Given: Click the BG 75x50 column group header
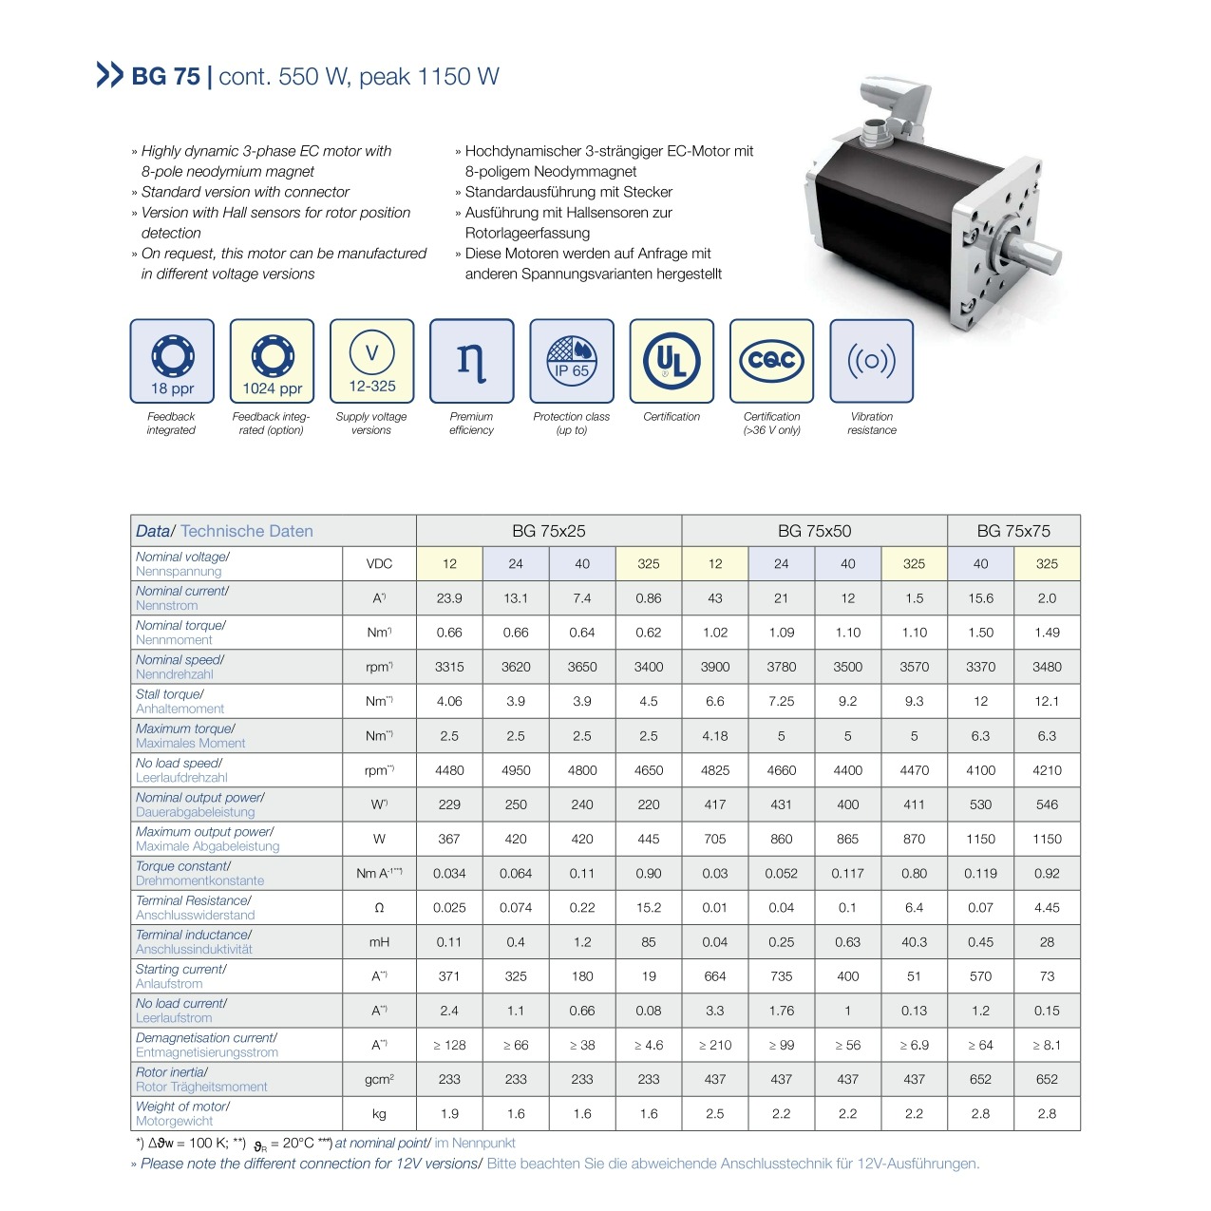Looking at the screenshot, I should point(814,531).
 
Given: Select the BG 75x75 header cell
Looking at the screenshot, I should point(1013,531).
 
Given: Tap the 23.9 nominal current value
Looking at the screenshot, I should point(449,598).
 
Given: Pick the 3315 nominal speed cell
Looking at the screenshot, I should point(449,667).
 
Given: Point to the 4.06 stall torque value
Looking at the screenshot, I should point(449,701).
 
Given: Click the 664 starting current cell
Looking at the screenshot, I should point(714,976).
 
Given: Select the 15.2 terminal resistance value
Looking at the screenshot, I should point(649,908).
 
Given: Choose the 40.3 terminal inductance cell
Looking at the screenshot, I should point(914,942).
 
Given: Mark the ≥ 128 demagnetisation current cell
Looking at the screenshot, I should point(449,1045).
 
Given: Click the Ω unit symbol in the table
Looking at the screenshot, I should point(379,908).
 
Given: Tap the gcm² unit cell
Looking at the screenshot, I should point(379,1080).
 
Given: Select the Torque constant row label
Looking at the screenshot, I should point(199,873).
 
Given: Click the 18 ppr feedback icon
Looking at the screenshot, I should point(172,361).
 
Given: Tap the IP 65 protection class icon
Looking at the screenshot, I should point(572,361).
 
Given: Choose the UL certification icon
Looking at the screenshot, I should point(672,361).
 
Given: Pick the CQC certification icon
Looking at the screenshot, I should point(772,361).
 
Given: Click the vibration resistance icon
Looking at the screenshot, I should point(872,361).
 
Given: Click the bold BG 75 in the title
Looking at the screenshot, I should point(165,77).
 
